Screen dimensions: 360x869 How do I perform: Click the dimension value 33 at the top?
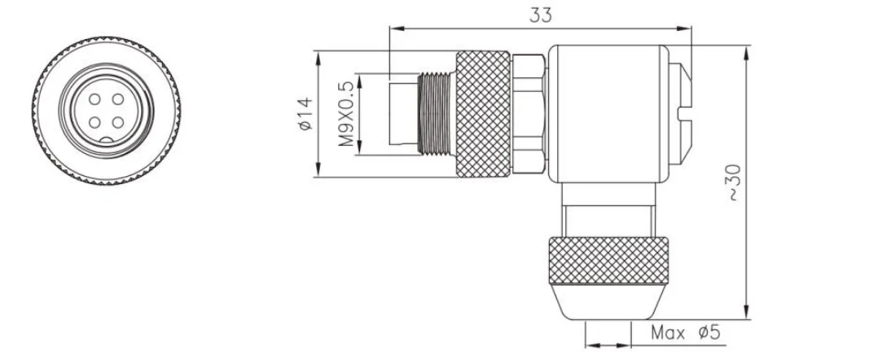(540, 14)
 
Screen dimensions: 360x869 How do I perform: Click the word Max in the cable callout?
(668, 333)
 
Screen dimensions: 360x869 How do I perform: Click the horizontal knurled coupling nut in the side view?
(483, 114)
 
